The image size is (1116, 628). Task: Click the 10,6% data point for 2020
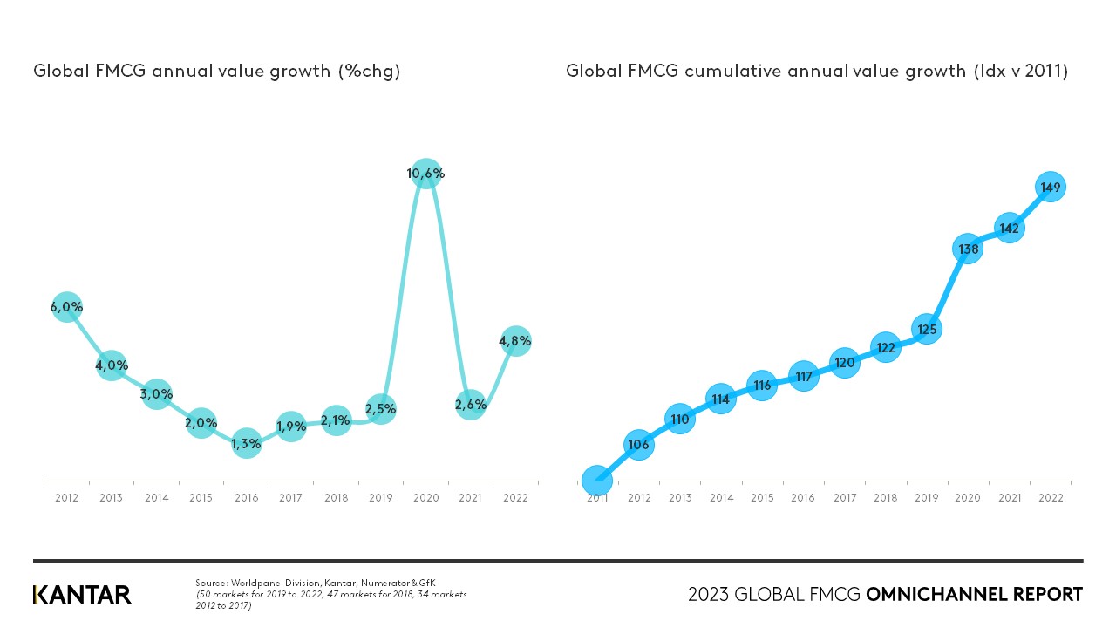pyautogui.click(x=425, y=174)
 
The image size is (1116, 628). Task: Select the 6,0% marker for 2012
pyautogui.click(x=66, y=307)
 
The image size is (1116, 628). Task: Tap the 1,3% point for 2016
pyautogui.click(x=246, y=443)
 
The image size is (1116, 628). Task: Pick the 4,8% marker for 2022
pyautogui.click(x=515, y=341)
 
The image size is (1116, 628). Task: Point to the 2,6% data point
pyautogui.click(x=470, y=404)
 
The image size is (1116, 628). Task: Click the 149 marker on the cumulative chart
pyautogui.click(x=1051, y=187)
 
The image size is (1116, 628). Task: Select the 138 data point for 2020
pyautogui.click(x=967, y=249)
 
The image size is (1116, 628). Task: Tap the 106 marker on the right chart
pyautogui.click(x=638, y=445)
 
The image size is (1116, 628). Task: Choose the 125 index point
pyautogui.click(x=926, y=330)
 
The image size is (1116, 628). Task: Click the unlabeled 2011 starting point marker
pyautogui.click(x=596, y=481)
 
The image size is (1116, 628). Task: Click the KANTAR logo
pyautogui.click(x=82, y=595)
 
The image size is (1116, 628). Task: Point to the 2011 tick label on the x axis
pyautogui.click(x=596, y=499)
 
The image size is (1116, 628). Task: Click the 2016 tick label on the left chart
pyautogui.click(x=246, y=498)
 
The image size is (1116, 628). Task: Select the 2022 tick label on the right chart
pyautogui.click(x=1051, y=498)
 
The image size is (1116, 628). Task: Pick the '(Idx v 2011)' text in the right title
pyautogui.click(x=1020, y=72)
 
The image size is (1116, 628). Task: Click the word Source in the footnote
pyautogui.click(x=211, y=582)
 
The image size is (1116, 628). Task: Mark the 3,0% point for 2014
pyautogui.click(x=156, y=394)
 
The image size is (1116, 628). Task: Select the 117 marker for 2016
pyautogui.click(x=803, y=377)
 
